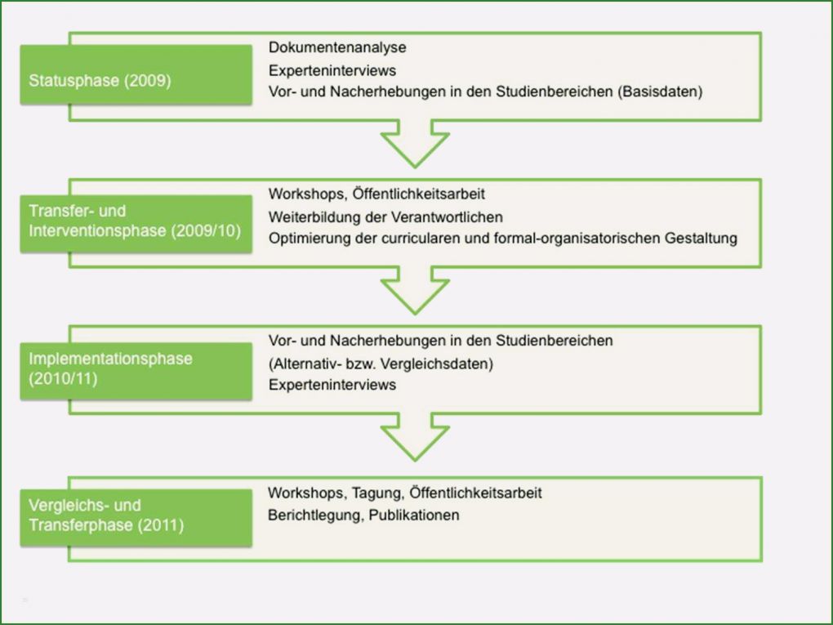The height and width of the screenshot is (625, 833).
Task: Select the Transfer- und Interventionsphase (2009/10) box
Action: pyautogui.click(x=136, y=221)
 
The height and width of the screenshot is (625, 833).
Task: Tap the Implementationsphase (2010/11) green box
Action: pyautogui.click(x=136, y=369)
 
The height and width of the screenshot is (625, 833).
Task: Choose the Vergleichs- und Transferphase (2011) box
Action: pyautogui.click(x=136, y=515)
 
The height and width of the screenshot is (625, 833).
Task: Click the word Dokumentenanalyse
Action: pyautogui.click(x=337, y=48)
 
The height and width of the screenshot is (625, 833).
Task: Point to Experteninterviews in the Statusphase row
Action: pyautogui.click(x=332, y=70)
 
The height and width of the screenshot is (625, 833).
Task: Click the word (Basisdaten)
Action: pyautogui.click(x=660, y=92)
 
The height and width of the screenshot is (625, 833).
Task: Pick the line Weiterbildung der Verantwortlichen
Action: pyautogui.click(x=385, y=217)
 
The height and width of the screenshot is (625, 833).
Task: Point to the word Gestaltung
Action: pyautogui.click(x=703, y=238)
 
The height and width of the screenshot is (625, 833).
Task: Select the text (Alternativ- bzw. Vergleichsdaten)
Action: pyautogui.click(x=381, y=363)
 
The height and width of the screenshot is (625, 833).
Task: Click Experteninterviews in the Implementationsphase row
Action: pyautogui.click(x=332, y=384)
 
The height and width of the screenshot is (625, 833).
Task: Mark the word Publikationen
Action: pyautogui.click(x=414, y=515)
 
